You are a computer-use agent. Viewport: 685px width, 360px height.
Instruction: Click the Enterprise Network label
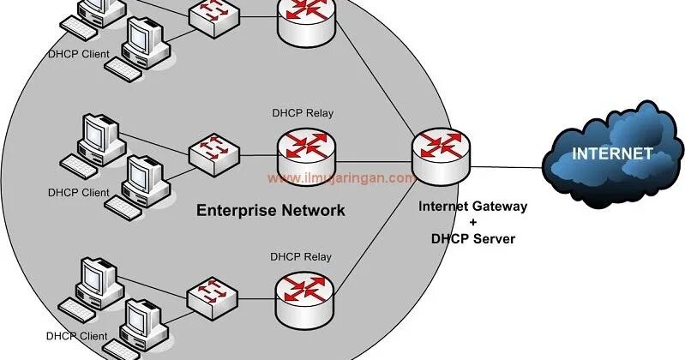pyautogui.click(x=270, y=210)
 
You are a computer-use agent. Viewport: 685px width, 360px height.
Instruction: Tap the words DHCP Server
pyautogui.click(x=472, y=239)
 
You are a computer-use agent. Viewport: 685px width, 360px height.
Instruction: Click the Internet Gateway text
pyautogui.click(x=472, y=207)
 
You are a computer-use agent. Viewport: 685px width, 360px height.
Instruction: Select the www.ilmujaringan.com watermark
pyautogui.click(x=341, y=179)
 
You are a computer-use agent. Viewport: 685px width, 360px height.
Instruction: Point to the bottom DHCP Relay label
pyautogui.click(x=301, y=256)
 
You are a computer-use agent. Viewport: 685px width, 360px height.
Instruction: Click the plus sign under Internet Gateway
pyautogui.click(x=472, y=223)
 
